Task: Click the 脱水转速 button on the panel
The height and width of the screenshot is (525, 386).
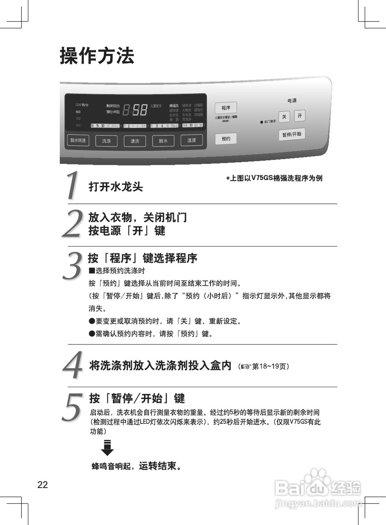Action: coord(78,140)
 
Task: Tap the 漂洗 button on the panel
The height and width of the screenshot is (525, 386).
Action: coord(135,141)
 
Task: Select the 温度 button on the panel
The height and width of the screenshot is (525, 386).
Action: coord(192,140)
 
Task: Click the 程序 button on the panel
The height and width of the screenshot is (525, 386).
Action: coord(226,108)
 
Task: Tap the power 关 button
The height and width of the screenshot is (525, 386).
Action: coord(284,117)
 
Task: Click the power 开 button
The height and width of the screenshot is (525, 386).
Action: coord(300,116)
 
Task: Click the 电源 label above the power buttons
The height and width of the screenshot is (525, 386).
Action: coord(292,100)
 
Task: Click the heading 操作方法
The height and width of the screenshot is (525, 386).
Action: coord(97,56)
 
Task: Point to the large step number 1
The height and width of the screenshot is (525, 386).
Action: coord(73,186)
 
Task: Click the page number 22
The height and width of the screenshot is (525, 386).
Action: coord(43,485)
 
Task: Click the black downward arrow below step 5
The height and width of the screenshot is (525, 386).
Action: coord(107,447)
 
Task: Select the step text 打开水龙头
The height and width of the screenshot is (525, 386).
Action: coord(116,187)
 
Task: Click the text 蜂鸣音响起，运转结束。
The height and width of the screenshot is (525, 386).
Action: coord(136,466)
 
